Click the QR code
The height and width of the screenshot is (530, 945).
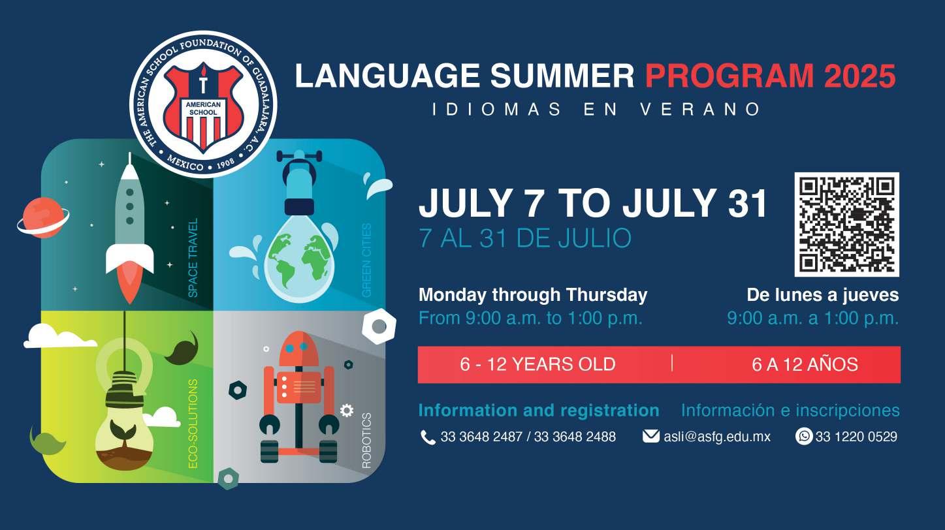point(846,225)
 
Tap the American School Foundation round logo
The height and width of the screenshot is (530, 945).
point(203,104)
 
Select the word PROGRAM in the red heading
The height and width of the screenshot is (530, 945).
point(729,76)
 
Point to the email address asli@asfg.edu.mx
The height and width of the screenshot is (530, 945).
point(717,437)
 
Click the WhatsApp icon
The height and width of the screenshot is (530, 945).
point(804,436)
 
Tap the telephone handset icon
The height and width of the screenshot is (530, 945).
point(428,437)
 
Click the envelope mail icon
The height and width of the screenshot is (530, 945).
point(651,436)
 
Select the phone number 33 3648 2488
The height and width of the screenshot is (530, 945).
point(575,437)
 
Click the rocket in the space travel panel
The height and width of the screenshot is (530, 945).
point(129,228)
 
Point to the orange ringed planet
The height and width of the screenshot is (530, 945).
point(43,217)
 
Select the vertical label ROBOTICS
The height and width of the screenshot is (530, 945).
point(366,440)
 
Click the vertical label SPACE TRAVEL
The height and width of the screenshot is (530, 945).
point(193,258)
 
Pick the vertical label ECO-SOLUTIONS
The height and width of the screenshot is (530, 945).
point(193,424)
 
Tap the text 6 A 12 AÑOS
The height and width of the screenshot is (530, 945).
point(805,365)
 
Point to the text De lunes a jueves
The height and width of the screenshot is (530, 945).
point(823,295)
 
